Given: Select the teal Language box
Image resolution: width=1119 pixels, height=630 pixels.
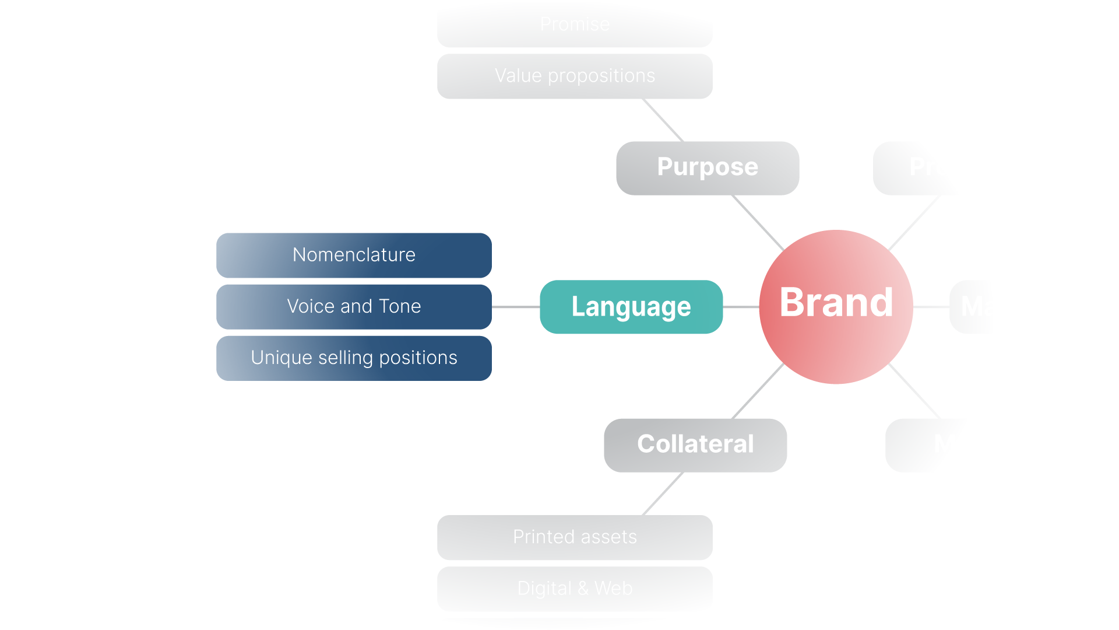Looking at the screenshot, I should pos(631,307).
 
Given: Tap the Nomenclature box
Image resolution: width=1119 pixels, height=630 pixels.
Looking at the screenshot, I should pos(354,255).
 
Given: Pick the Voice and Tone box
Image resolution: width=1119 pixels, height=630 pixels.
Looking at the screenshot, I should pos(354,306).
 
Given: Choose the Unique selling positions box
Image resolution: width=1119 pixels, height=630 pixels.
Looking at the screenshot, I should pos(354,358).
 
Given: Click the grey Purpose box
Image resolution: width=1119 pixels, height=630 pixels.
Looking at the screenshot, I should pos(708,167).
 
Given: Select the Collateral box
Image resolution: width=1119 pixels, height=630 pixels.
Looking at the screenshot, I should pos(695,444).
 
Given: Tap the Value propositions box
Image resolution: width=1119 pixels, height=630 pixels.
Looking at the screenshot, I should pos(575,76).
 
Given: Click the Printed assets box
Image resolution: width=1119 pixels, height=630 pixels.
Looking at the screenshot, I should pos(575,537).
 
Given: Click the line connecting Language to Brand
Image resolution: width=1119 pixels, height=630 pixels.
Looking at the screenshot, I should pos(741,307).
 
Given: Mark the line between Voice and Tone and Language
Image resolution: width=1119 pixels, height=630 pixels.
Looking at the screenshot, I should pos(516,307).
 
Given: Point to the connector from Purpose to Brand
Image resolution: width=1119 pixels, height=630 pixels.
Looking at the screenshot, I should pos(758,223).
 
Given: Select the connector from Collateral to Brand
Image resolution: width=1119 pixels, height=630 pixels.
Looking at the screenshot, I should pos(758,391).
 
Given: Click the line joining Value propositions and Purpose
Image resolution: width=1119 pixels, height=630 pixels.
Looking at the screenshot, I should pos(663,120).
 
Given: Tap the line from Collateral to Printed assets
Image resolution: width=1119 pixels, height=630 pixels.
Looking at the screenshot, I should pos(663,494).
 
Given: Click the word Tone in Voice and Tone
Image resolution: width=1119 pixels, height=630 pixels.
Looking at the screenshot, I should pos(400,306).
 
